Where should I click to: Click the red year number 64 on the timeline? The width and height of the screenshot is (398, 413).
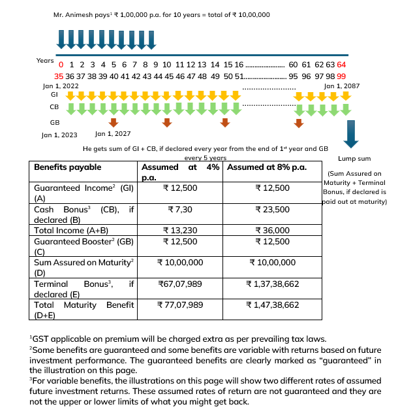342,65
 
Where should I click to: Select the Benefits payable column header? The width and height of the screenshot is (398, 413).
67,167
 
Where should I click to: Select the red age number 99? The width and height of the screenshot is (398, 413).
341,76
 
